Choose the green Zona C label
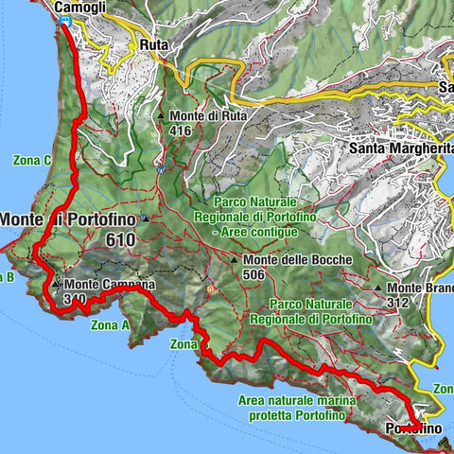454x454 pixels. [32, 160]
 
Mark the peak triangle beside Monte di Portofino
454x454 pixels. [144, 219]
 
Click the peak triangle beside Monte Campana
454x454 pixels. [58, 283]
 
